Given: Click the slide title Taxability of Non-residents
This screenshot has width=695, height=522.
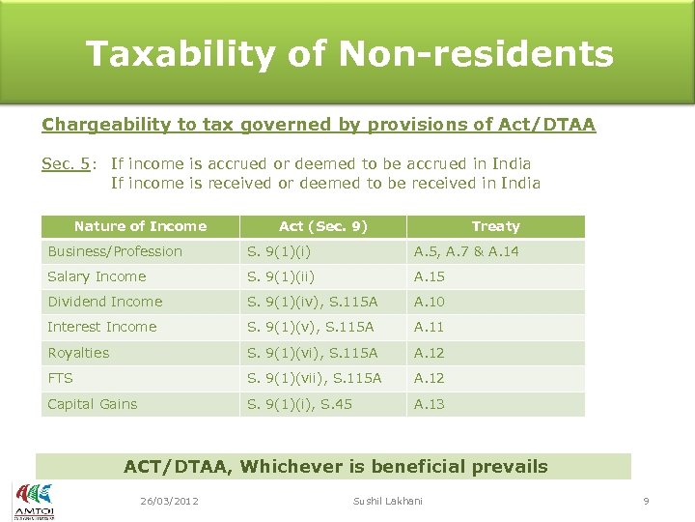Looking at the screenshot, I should [348, 54].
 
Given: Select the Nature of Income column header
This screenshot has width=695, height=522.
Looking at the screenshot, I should [140, 226].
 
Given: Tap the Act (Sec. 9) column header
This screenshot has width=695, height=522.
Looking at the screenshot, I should [322, 226].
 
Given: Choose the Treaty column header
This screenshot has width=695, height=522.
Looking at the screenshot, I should [495, 226].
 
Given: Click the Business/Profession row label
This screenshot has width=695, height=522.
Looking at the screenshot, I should [115, 251].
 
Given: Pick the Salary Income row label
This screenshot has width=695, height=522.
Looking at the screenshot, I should [97, 276].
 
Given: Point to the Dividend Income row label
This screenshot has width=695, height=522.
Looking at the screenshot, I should [105, 302].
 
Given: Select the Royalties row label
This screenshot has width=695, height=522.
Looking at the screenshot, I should [78, 353].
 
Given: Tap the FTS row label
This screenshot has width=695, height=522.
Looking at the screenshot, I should [60, 378].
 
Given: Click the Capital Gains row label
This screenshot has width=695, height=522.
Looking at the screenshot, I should [93, 404].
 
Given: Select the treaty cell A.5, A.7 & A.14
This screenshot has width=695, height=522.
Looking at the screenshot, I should [466, 251].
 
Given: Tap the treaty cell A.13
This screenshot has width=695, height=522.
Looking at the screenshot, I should [430, 404].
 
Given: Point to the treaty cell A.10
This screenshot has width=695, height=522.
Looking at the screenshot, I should [430, 302].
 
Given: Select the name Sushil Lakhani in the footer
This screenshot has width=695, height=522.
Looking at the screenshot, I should [388, 501].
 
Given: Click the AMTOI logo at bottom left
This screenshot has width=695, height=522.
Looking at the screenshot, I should [34, 500].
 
